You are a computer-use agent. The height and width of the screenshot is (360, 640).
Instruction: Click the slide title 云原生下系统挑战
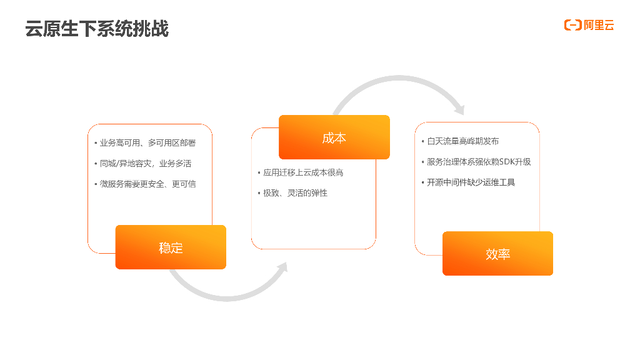(97, 29)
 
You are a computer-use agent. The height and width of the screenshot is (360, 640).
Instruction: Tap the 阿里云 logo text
(599, 25)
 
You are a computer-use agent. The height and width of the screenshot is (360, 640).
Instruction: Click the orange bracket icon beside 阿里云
(572, 25)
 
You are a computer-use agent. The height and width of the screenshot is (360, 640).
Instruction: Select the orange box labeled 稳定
(171, 247)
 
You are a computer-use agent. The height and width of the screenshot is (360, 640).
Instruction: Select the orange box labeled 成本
(334, 137)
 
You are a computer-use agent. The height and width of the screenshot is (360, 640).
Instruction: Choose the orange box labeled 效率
(497, 254)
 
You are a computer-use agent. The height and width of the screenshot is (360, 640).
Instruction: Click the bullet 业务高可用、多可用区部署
(147, 143)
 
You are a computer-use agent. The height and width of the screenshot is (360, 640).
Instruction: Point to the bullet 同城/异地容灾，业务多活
(145, 164)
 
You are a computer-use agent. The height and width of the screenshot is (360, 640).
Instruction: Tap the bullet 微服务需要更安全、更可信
(147, 184)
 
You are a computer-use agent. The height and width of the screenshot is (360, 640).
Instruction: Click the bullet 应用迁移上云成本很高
(303, 172)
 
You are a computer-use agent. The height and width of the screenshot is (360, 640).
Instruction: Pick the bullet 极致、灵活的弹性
(295, 193)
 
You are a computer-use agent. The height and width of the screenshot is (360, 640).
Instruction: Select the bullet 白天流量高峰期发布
(463, 141)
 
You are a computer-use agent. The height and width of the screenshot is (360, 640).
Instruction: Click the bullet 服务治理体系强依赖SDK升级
(479, 162)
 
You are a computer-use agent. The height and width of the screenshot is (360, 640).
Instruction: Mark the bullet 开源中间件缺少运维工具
(471, 182)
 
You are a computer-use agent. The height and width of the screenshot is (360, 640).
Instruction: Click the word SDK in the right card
(507, 162)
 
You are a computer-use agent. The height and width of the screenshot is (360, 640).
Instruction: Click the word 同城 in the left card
(108, 164)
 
